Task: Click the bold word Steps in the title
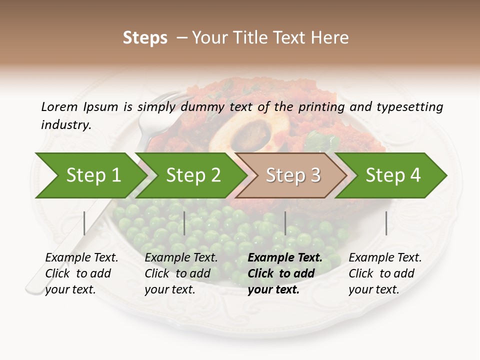tap(145, 37)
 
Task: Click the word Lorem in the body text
tap(59, 106)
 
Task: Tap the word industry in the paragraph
tap(65, 124)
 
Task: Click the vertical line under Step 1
tap(84, 223)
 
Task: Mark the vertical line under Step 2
tap(184, 223)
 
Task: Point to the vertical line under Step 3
tap(285, 223)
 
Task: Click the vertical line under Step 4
tap(386, 223)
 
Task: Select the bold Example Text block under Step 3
tap(285, 273)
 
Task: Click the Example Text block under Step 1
tap(81, 273)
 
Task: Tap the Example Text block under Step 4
tap(385, 273)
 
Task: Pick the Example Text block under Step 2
tap(181, 273)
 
